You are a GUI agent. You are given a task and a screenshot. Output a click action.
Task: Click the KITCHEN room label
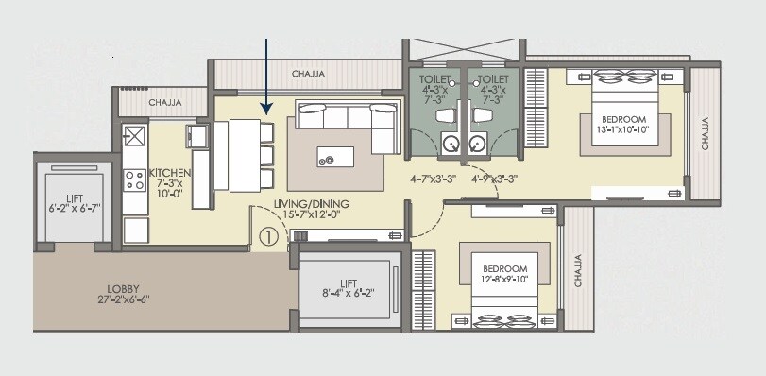pos(171,174)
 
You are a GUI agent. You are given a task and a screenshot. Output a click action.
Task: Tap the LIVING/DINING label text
pos(311,203)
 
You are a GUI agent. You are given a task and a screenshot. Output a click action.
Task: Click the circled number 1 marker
pos(268,236)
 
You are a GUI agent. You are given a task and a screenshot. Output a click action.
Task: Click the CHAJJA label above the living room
pos(309,72)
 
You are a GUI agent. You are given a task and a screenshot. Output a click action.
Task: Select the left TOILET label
pos(435,79)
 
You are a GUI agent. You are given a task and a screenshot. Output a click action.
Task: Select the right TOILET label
pos(493,79)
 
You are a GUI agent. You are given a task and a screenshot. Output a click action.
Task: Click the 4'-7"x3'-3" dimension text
pos(434,179)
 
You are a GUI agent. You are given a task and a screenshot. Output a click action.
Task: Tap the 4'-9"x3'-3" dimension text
pos(493,179)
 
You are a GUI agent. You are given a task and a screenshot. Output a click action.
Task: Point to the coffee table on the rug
pos(333,158)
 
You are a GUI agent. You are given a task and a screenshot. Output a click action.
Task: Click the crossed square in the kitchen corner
pos(134,135)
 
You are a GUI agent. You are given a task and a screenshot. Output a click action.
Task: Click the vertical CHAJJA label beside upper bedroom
pos(705,133)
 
